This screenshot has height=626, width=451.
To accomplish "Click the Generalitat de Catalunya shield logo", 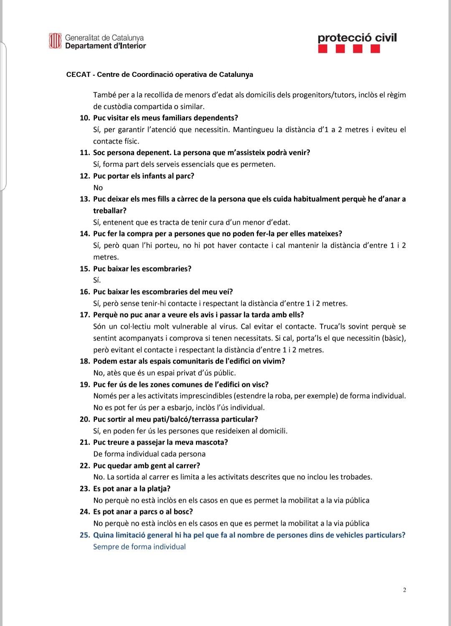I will click(x=56, y=41).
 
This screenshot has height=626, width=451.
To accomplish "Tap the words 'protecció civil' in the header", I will click(x=357, y=38).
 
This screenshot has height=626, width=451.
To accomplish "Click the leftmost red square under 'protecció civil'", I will click(x=322, y=49).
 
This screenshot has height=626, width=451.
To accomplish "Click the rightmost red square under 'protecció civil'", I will click(x=375, y=49).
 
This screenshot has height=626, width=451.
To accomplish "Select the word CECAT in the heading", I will click(x=78, y=74).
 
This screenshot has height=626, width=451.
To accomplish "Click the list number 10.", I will click(x=85, y=118).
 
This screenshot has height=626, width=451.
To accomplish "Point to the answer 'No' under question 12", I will click(x=98, y=188).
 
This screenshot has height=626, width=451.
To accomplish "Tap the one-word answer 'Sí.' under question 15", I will click(x=97, y=280).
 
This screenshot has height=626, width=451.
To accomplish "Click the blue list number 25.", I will click(x=85, y=535).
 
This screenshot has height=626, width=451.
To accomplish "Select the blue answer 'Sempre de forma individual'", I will click(x=139, y=547).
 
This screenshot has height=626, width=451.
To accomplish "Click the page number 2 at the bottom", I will click(x=405, y=590).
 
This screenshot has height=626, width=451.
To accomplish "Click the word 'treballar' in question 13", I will click(x=109, y=211).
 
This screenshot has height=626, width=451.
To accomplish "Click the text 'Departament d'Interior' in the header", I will click(x=106, y=46).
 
